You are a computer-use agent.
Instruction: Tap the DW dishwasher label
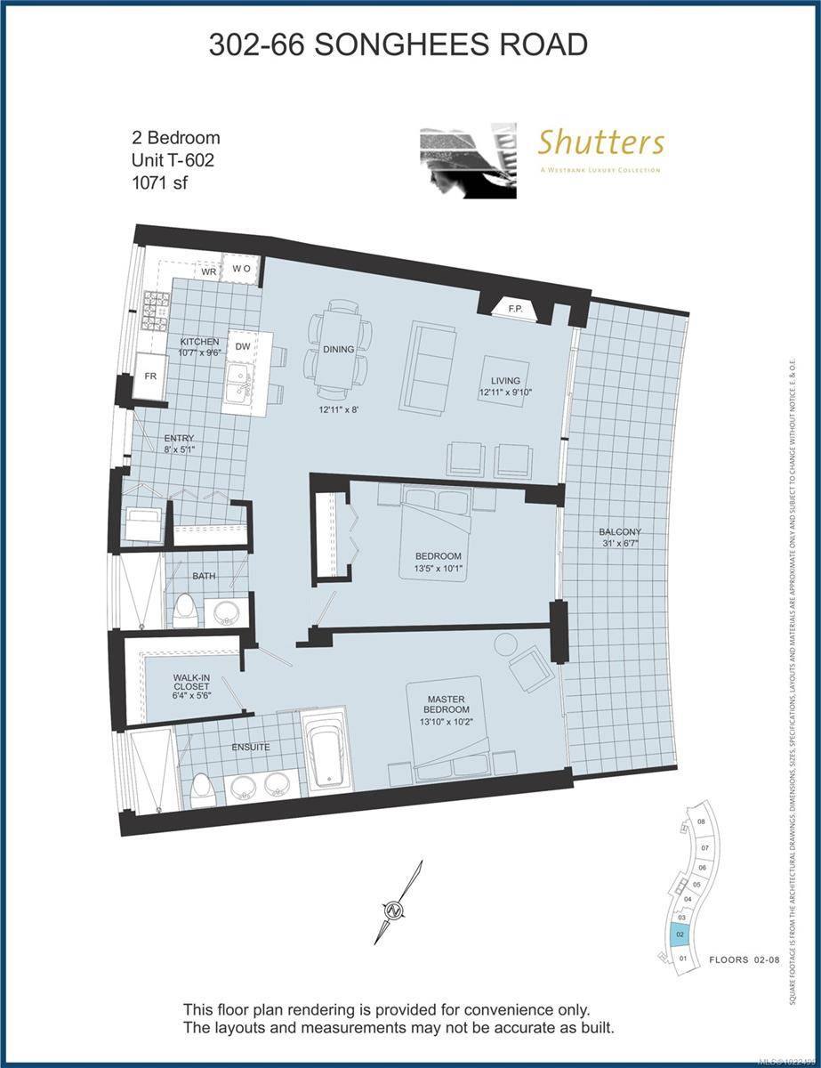(242, 348)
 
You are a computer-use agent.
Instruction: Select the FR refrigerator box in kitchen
(151, 376)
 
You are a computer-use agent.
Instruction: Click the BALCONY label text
(621, 531)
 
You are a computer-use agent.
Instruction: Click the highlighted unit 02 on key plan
(680, 935)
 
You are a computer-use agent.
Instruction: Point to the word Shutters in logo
(600, 142)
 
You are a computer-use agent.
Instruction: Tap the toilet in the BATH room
(186, 609)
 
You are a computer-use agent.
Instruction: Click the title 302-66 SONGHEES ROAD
(398, 44)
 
